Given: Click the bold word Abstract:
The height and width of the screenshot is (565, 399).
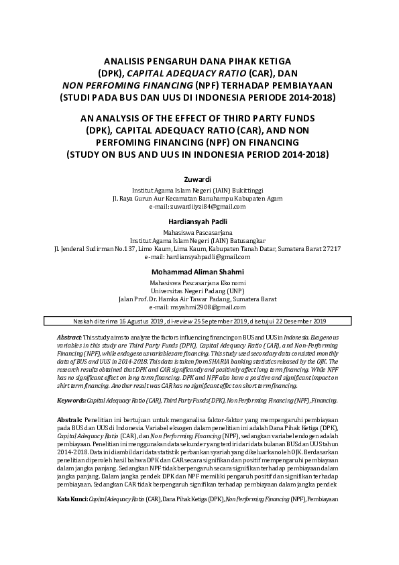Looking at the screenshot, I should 69,335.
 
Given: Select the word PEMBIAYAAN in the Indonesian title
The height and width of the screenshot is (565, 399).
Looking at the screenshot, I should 304,85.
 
